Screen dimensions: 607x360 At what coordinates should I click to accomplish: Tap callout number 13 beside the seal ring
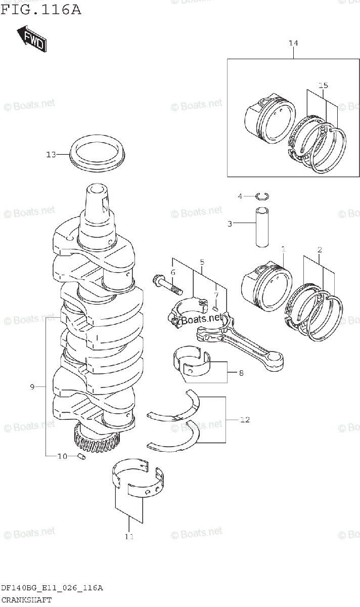[51, 155]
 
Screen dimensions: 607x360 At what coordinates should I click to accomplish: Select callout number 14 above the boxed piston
[293, 44]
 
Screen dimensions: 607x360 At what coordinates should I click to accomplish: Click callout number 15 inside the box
[324, 85]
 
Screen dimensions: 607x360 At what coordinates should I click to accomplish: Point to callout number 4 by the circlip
[241, 196]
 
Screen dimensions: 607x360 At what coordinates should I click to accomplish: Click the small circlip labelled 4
[262, 196]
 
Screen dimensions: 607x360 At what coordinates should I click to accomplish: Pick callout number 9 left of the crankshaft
[32, 387]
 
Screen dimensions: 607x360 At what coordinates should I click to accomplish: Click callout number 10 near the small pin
[62, 456]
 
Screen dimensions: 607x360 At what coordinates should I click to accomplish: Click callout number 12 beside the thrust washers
[244, 419]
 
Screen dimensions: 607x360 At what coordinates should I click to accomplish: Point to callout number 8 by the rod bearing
[241, 374]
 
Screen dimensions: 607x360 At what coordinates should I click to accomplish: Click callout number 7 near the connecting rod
[216, 295]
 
